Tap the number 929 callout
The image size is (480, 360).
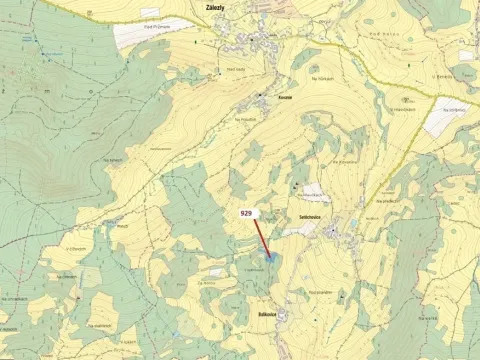tap(247, 213)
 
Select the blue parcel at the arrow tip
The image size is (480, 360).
tap(269, 257)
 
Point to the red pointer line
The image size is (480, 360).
tap(261, 236)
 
